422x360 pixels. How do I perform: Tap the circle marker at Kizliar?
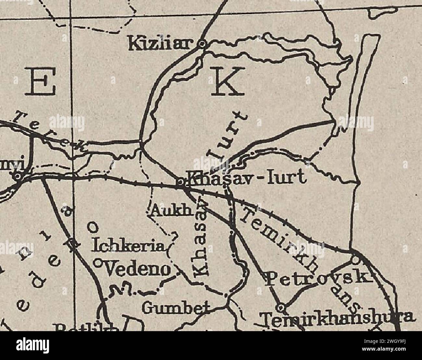pos(202,43)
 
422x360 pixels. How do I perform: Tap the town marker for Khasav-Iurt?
pos(180,183)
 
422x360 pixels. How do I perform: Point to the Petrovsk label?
pos(318,278)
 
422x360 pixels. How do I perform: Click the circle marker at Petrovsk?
pos(355,260)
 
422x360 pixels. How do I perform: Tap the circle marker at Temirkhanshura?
pos(281,306)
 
